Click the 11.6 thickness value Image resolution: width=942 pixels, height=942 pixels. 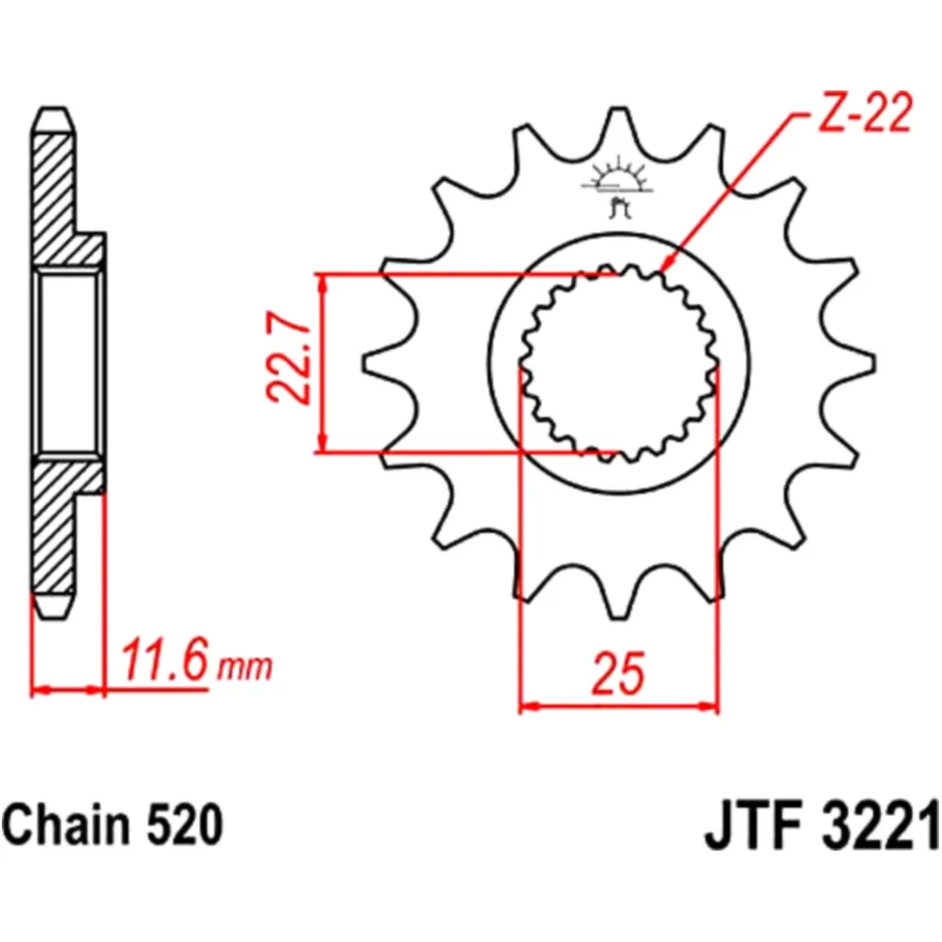[x=163, y=662]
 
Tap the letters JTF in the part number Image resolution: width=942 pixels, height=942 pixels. [x=747, y=827]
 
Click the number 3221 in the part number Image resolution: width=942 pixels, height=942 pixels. [x=871, y=827]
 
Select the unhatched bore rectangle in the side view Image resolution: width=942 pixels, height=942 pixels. [x=69, y=363]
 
